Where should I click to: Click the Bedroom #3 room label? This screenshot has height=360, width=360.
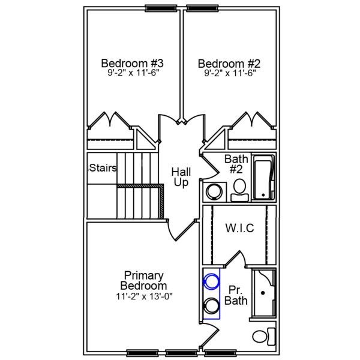[x=133, y=63]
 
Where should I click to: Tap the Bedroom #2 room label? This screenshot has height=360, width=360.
[x=229, y=63]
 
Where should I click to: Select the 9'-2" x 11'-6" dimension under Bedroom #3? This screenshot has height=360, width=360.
[x=133, y=73]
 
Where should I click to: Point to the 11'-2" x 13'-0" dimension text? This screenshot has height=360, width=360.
[x=143, y=296]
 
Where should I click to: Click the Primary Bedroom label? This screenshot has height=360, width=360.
[x=143, y=280]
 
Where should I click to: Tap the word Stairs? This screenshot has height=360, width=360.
[x=103, y=168]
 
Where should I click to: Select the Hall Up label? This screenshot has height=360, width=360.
[x=181, y=176]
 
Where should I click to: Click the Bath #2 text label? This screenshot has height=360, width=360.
[x=236, y=164]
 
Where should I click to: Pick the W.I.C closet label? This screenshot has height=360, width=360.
[x=239, y=228]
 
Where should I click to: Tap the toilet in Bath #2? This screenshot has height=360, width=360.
[x=239, y=187]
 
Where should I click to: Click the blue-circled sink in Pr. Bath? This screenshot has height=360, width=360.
[x=211, y=280]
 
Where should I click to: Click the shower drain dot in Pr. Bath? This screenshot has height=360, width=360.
[x=263, y=293]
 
